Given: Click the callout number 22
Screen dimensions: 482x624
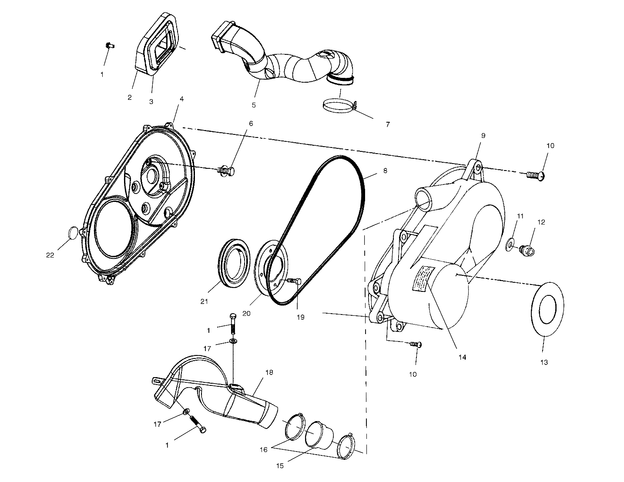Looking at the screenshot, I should click(x=50, y=255).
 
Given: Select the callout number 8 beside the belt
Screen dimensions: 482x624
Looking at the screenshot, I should click(x=385, y=171).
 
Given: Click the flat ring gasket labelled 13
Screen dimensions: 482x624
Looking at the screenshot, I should click(x=547, y=310).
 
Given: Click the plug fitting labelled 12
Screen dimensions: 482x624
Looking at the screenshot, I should click(x=527, y=250).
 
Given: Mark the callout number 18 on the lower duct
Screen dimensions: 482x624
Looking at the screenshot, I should click(x=269, y=373).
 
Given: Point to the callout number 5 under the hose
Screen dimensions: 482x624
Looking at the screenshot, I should click(x=254, y=105).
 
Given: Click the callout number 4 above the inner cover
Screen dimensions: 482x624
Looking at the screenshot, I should click(x=181, y=99).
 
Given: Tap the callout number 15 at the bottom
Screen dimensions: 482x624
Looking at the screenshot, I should click(x=280, y=465).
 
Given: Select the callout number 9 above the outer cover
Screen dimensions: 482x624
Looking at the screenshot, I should click(x=483, y=135).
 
